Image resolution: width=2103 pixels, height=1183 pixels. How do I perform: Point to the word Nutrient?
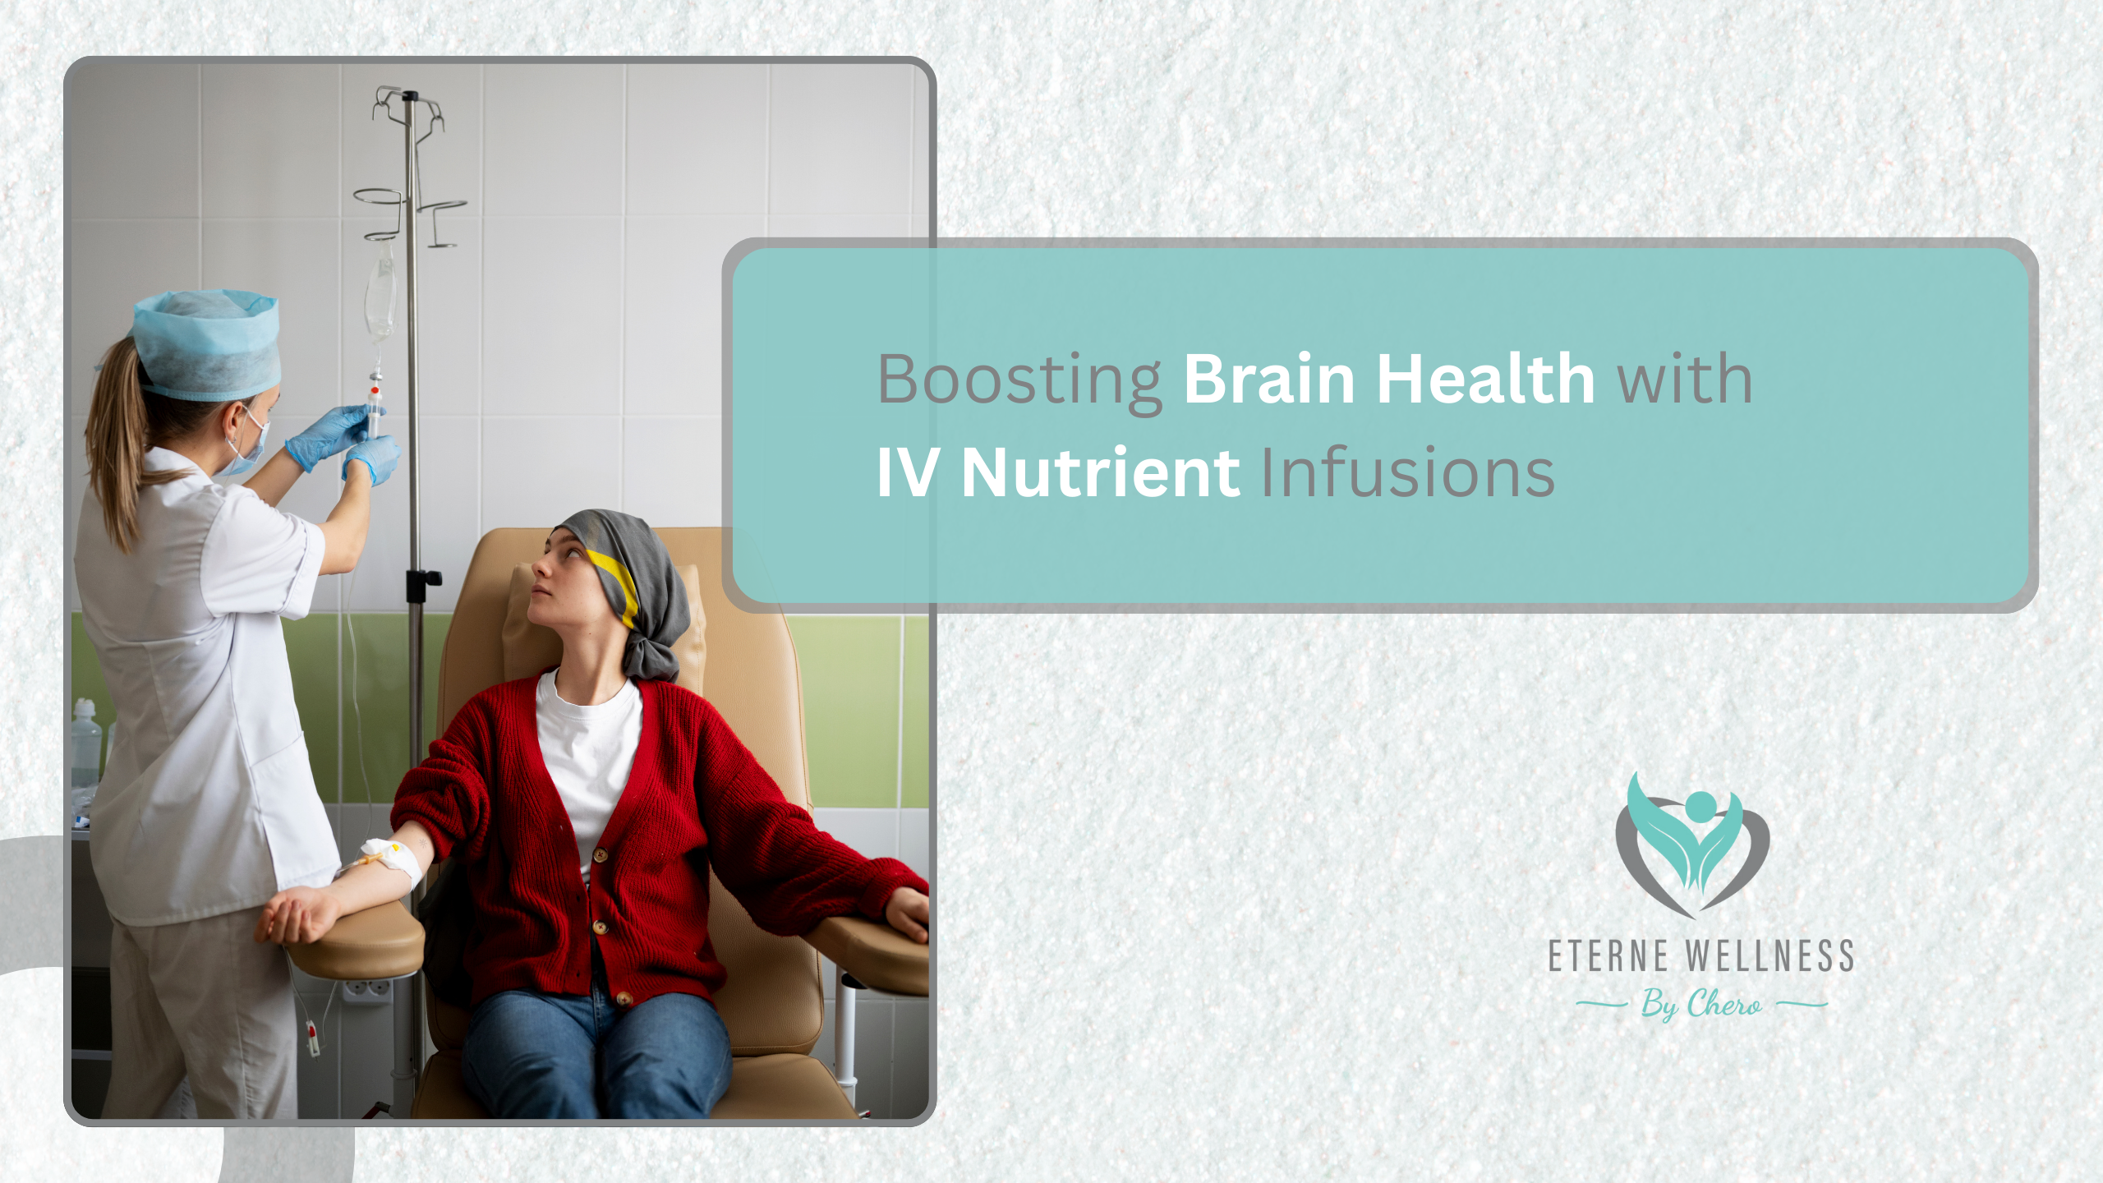[x=1100, y=473]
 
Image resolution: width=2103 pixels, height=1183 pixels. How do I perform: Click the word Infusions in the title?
[x=1407, y=473]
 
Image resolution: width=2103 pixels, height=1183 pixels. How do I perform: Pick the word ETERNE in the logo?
[x=1608, y=956]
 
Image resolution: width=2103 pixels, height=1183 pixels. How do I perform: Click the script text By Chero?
[x=1701, y=1004]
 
